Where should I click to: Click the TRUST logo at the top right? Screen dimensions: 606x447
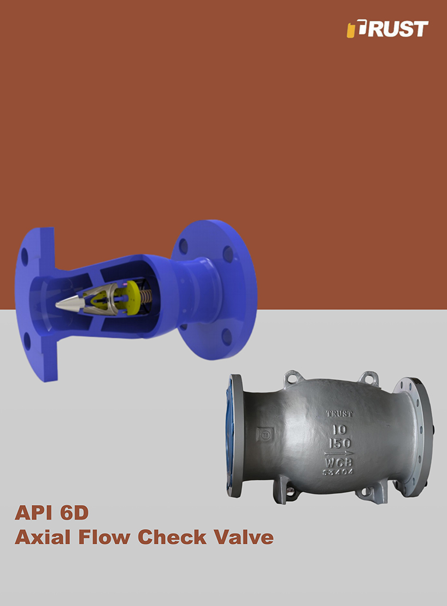(x=387, y=29)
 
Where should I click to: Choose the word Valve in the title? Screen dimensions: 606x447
(x=243, y=537)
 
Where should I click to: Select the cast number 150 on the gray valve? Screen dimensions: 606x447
(x=339, y=442)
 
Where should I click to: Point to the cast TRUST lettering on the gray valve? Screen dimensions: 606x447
(x=339, y=414)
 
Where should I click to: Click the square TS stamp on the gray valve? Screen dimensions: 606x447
(x=266, y=435)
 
